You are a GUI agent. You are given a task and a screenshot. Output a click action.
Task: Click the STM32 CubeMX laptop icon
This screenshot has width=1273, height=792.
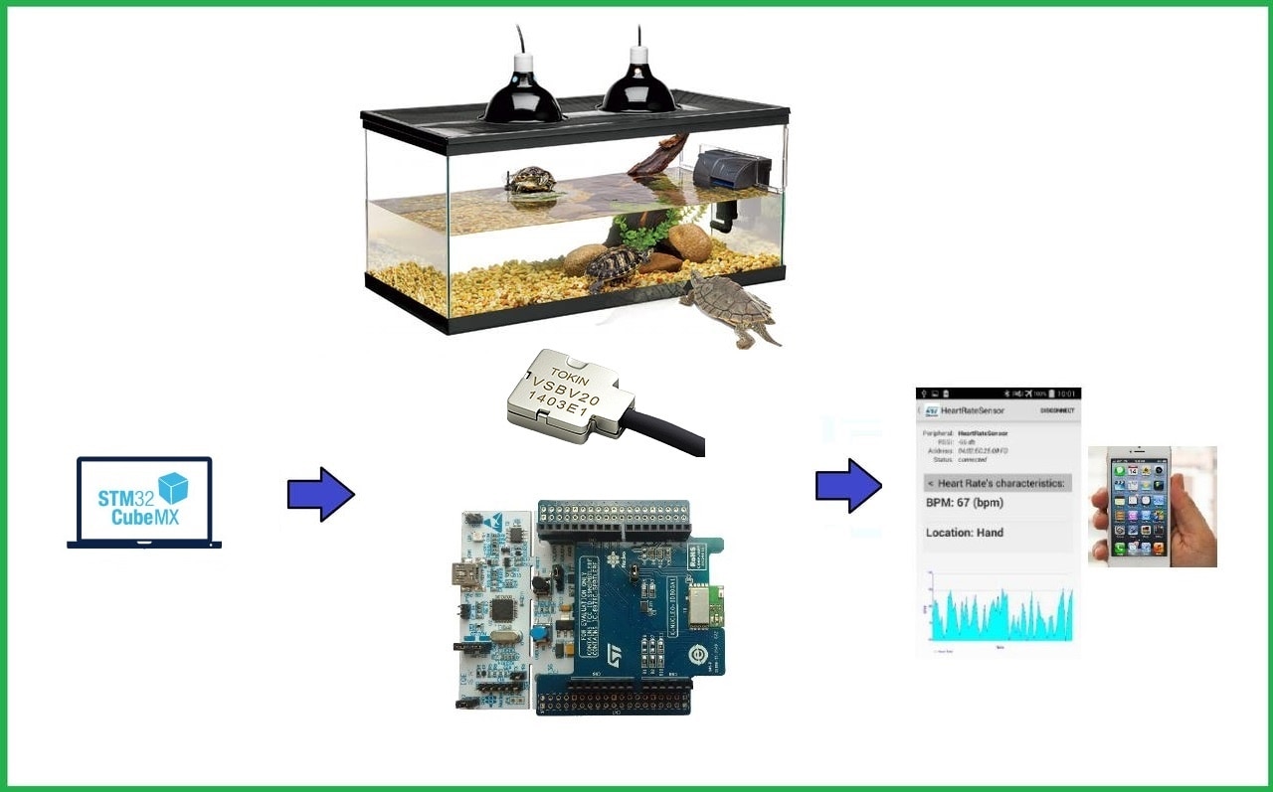pos(144,502)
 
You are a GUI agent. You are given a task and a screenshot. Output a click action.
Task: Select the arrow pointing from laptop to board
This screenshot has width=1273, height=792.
pos(320,494)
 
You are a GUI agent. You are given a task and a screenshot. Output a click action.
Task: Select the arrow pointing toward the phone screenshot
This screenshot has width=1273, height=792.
pos(848,486)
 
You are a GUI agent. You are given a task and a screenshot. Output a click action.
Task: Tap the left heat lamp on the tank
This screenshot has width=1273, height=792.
pos(522,95)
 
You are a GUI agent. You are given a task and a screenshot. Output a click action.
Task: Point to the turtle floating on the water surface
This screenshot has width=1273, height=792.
pos(531,181)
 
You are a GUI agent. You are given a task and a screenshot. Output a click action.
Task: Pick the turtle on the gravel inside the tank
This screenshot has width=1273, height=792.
pos(617,266)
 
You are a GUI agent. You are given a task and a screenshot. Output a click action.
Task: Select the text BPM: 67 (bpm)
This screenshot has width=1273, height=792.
pos(965,503)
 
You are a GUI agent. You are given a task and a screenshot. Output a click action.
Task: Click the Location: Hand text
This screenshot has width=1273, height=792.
pos(965,533)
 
